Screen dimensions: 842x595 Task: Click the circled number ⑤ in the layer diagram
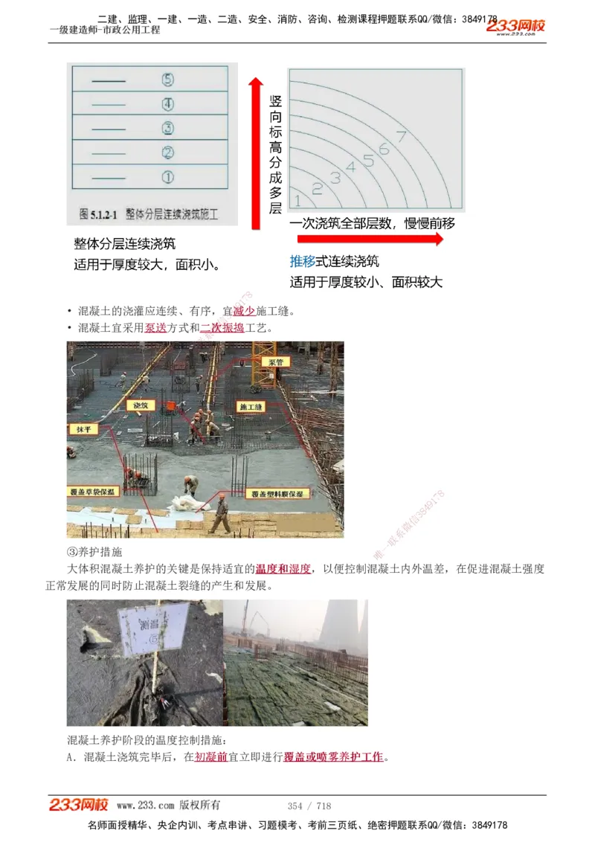click(x=167, y=79)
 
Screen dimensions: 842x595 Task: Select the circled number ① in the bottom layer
click(x=167, y=177)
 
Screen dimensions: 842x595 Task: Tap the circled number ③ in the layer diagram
click(x=167, y=128)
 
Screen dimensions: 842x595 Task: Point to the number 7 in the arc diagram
click(x=401, y=136)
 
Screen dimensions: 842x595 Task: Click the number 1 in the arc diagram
click(x=297, y=200)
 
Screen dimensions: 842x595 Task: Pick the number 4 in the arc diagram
click(x=350, y=167)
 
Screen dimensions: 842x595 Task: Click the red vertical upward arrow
click(x=256, y=149)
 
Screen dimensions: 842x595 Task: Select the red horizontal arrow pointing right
click(x=370, y=240)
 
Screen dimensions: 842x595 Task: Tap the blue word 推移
click(x=303, y=262)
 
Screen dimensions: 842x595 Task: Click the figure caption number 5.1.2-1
click(x=99, y=214)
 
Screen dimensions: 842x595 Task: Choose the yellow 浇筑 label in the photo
click(x=140, y=405)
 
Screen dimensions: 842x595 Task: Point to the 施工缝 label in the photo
click(x=250, y=407)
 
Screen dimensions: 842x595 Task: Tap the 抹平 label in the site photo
click(x=81, y=429)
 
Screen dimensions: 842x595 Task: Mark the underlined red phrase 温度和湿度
click(x=283, y=569)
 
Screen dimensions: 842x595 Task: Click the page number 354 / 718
click(x=309, y=806)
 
